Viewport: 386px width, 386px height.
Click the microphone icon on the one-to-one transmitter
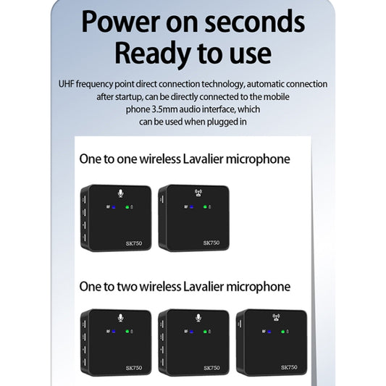click(120, 193)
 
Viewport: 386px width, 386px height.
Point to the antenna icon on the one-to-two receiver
click(275, 316)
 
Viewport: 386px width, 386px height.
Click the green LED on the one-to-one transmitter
click(127, 208)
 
